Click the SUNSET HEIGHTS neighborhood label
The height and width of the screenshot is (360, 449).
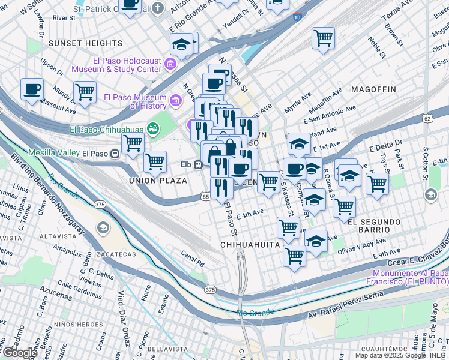[85, 43]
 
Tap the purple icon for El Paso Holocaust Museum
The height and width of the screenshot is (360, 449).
[170, 64]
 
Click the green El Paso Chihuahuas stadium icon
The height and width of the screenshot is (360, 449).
[154, 128]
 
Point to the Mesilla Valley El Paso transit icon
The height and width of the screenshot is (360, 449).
[114, 153]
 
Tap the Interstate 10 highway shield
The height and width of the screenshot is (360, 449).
[298, 18]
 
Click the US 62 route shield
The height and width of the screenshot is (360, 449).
[427, 119]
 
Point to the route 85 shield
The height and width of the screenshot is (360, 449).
[206, 196]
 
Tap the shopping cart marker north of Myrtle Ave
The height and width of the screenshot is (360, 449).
[323, 38]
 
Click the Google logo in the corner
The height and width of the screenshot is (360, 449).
[19, 353]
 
